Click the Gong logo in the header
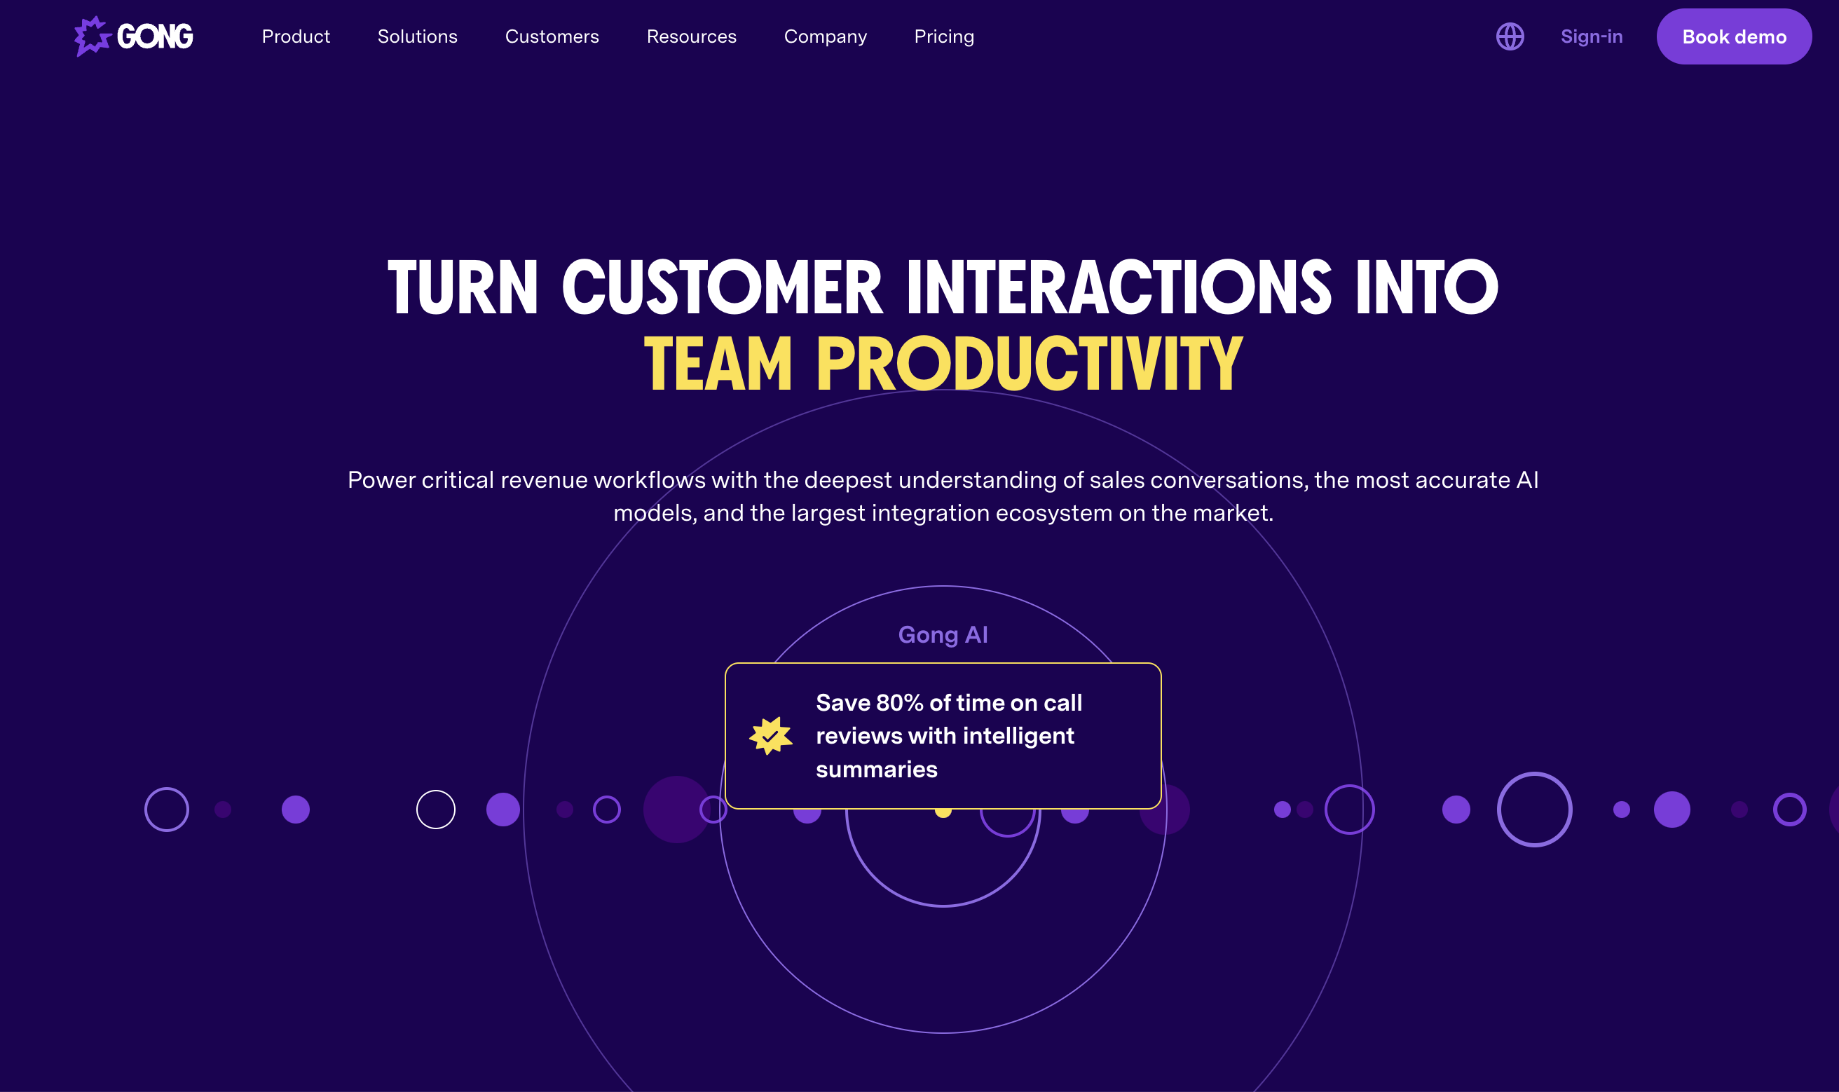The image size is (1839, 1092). (134, 36)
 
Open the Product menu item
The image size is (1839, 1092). (296, 36)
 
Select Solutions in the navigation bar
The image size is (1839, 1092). (417, 36)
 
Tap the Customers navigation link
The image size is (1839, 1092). (552, 36)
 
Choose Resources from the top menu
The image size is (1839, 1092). (692, 36)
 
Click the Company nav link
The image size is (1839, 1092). (826, 36)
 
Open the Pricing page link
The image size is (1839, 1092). (944, 36)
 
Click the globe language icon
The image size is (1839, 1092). (1510, 36)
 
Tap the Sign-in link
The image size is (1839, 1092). (1591, 36)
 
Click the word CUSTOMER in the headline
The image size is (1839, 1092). (723, 287)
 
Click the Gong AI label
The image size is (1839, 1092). (943, 634)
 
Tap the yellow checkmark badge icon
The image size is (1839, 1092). (771, 736)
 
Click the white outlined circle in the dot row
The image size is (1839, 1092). (435, 810)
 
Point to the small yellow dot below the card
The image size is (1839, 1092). (943, 812)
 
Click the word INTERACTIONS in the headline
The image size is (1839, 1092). (1119, 287)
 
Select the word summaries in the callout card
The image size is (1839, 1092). (876, 769)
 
